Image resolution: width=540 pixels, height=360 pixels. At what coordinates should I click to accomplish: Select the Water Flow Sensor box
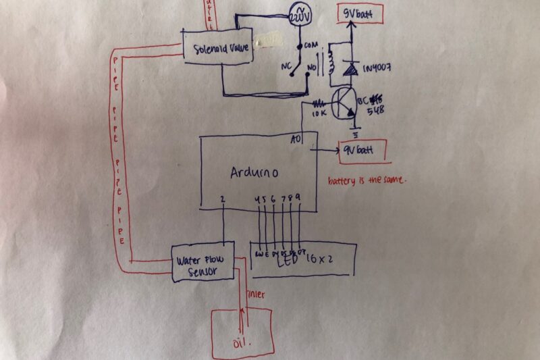(203, 262)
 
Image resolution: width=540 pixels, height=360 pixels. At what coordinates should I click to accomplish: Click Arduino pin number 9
(298, 198)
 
